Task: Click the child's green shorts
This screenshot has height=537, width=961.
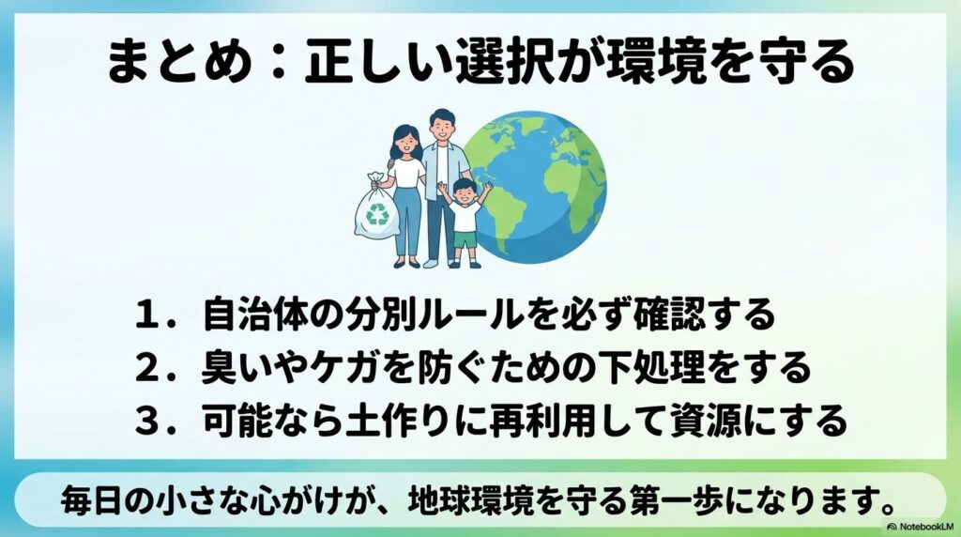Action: coord(465,240)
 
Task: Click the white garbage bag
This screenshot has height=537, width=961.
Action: coord(376,207)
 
